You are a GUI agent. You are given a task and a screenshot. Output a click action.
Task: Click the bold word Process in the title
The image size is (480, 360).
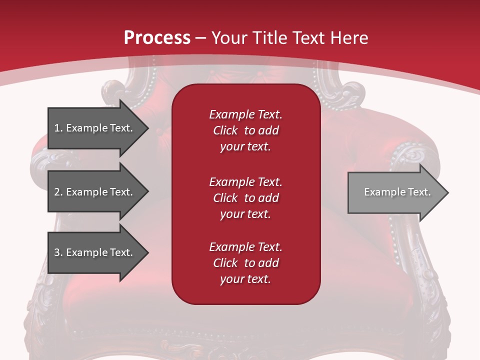coord(157,38)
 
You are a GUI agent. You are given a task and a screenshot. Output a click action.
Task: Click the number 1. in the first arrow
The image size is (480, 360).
coord(58,128)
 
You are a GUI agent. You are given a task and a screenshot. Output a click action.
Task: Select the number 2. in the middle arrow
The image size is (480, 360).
coord(58,192)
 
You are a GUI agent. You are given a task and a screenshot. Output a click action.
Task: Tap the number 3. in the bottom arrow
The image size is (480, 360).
coord(58,252)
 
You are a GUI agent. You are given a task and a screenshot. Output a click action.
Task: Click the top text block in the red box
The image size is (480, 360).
coord(245,130)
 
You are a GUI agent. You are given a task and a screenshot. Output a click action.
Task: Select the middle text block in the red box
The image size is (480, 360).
coord(245,198)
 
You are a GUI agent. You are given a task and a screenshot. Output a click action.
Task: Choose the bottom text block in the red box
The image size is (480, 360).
coord(245,263)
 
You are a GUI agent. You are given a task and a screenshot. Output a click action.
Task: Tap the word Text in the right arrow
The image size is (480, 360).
coord(419,192)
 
